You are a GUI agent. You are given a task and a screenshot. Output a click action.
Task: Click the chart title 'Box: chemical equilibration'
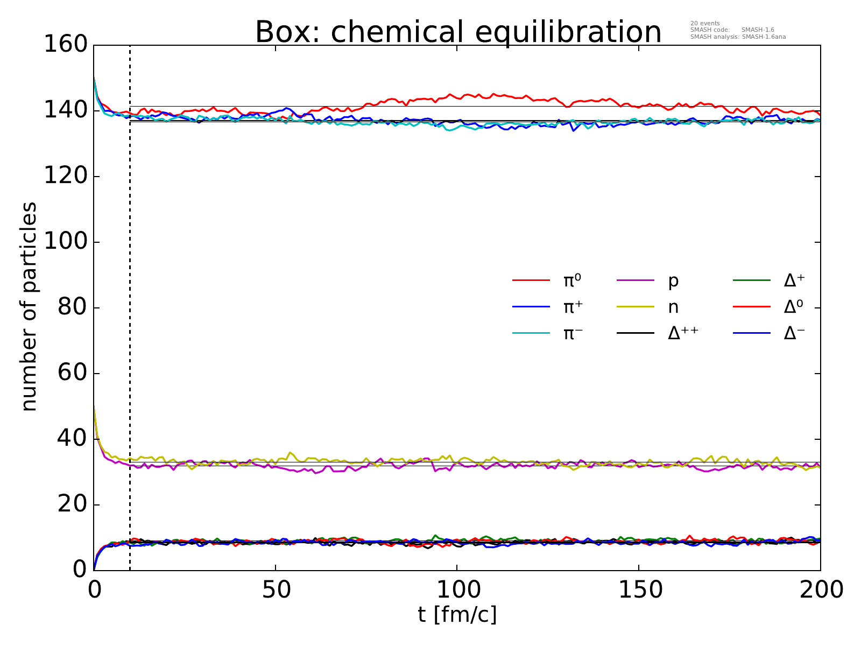pos(458,32)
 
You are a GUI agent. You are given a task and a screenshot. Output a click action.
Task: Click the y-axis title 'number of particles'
pos(29,307)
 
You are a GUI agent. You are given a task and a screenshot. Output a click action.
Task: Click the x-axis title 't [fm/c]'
pos(457,614)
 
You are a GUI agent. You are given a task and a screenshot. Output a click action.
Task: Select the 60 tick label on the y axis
pos(72,373)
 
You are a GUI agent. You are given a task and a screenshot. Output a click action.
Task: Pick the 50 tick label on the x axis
pos(276,590)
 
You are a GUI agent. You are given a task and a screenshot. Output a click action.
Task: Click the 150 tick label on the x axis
pos(639,590)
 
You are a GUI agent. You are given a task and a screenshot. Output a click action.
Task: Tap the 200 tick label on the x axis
pos(820,590)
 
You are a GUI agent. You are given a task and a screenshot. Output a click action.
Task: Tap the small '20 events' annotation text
pos(704,23)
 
